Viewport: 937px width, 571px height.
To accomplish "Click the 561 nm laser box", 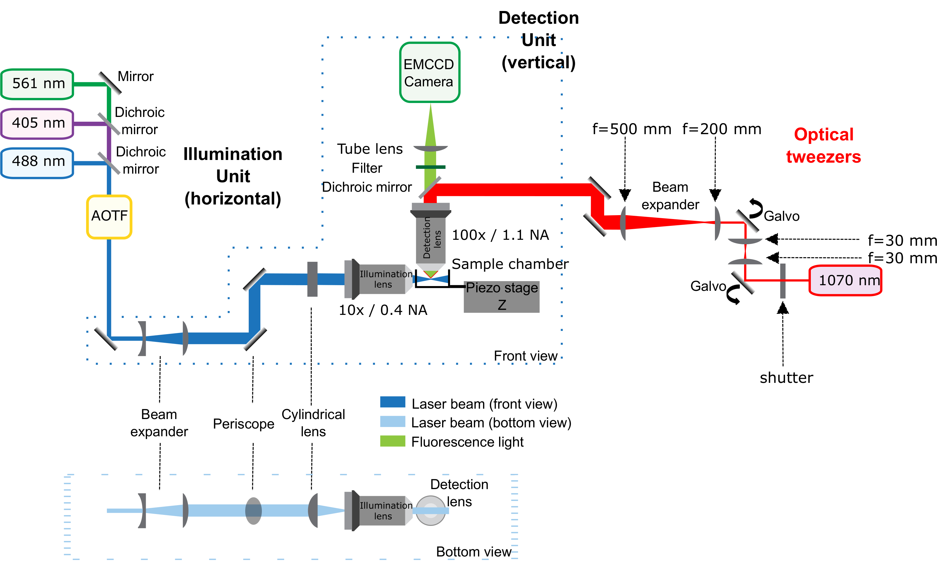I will [37, 84].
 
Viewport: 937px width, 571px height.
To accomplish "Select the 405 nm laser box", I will [37, 123].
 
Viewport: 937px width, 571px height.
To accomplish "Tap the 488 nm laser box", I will [37, 162].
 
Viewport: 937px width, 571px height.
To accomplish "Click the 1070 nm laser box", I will [845, 280].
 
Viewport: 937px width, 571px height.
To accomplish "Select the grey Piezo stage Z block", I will [501, 297].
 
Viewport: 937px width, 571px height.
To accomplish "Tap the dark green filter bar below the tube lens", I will [430, 167].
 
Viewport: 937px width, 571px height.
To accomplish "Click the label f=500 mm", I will [631, 129].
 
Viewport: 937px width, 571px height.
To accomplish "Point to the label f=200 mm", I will [721, 129].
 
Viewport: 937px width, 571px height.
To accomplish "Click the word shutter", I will [786, 378].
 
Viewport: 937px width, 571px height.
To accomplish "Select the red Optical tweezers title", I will [824, 146].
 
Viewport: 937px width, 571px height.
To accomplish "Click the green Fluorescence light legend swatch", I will [392, 441].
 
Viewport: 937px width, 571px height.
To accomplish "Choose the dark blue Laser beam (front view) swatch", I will [392, 402].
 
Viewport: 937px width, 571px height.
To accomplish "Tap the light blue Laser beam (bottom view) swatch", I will [392, 422].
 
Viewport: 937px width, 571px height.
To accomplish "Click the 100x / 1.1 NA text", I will [500, 235].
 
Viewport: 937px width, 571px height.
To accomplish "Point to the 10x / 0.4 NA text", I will [383, 310].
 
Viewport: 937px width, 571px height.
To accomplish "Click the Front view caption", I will [526, 356].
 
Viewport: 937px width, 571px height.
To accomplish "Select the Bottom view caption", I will [474, 552].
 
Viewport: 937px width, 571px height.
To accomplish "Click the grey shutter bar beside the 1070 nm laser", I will [783, 281].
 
